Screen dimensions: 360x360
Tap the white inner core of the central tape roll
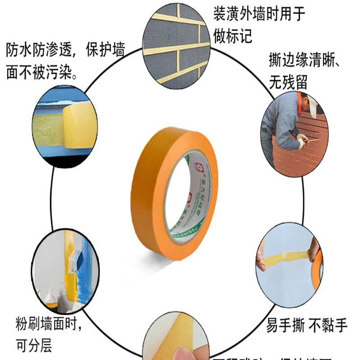click(x=189, y=202)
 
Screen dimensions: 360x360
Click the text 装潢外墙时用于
click(x=260, y=14)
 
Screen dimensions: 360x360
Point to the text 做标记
click(x=233, y=36)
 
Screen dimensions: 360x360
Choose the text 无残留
click(x=288, y=81)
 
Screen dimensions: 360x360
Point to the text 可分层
click(x=34, y=345)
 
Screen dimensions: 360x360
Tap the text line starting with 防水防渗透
click(x=65, y=50)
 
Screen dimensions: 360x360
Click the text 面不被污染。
click(x=42, y=72)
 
